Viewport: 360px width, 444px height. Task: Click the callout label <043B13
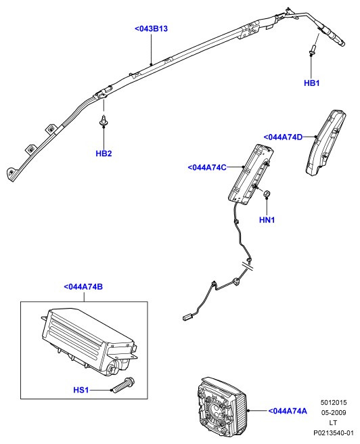coord(151,29)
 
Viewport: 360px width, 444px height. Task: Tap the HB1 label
coord(311,83)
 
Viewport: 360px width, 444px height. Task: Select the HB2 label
coord(104,154)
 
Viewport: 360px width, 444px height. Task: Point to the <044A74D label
coord(283,137)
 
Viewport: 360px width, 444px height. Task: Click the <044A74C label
coord(207,167)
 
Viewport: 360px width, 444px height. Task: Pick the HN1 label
coord(267,220)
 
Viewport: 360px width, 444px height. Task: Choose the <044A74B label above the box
coord(83,287)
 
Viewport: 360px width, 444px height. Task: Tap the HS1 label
coord(81,390)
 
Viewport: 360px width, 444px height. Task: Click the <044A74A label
coord(288,411)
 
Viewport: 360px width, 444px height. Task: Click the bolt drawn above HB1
coord(312,50)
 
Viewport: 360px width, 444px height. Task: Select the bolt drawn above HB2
coord(104,121)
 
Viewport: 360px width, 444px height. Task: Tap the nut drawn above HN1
coord(267,194)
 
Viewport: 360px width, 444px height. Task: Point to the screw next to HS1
coord(122,385)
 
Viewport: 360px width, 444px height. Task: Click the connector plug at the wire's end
coord(187,317)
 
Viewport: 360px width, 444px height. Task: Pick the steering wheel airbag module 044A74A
coord(221,409)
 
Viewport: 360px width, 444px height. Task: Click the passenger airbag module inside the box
coord(89,342)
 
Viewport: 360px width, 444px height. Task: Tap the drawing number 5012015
coord(334,402)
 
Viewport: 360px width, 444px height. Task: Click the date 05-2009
coord(334,413)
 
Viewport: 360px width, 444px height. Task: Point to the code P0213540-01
coord(334,433)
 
